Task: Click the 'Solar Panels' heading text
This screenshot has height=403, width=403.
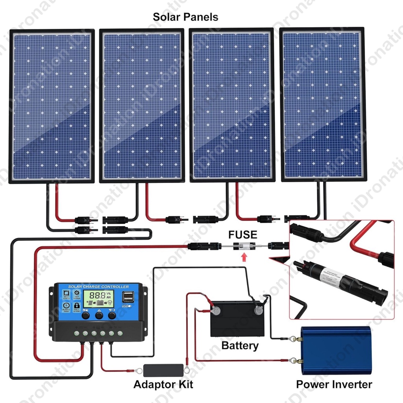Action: point(185,17)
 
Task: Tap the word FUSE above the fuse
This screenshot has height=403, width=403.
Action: point(243,235)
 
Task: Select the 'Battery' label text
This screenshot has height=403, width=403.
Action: point(240,346)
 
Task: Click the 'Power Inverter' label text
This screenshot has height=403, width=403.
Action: point(334,384)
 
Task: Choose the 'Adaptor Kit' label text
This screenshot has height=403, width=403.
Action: point(163,384)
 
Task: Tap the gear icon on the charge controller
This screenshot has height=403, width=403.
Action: point(77,293)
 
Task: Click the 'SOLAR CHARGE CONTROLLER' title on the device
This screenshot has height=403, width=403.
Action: point(98,286)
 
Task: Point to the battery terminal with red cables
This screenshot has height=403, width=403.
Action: point(216,311)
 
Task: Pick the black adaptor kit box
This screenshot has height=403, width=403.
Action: point(163,370)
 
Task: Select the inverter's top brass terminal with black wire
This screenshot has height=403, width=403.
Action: point(293,338)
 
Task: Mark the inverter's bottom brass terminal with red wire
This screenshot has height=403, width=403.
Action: point(293,359)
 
